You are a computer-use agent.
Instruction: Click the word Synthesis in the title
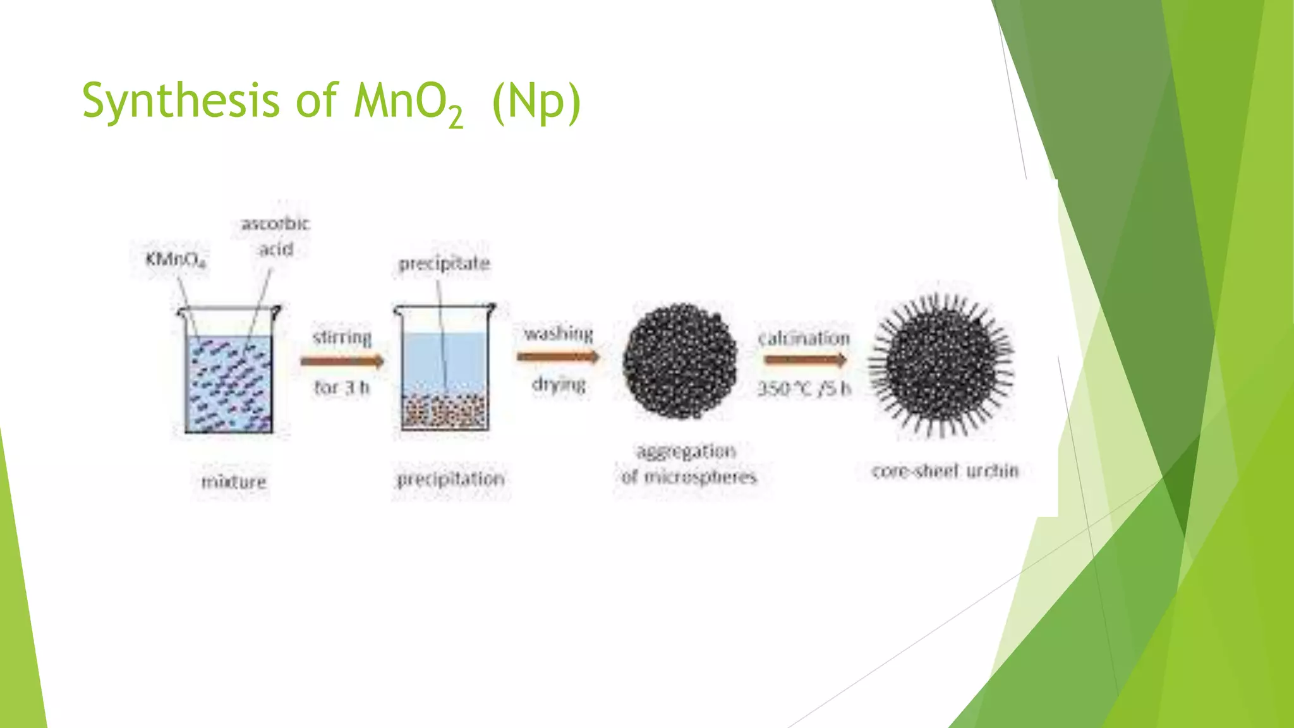180,101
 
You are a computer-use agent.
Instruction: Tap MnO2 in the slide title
408,102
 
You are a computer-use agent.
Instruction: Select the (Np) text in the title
536,102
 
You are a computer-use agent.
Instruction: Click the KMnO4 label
175,259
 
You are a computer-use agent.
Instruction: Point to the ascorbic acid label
275,236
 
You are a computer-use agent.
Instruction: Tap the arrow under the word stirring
342,361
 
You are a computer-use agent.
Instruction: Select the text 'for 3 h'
342,387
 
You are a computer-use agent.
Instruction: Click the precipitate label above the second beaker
444,264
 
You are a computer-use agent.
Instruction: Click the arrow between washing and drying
558,358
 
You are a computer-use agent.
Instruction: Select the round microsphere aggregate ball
680,361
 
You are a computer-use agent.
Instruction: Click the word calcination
804,338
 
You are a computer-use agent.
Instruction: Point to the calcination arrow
805,360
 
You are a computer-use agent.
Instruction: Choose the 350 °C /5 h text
804,388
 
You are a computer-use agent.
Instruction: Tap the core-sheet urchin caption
945,471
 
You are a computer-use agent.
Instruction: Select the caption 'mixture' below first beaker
234,482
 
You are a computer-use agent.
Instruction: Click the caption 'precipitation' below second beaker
450,479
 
